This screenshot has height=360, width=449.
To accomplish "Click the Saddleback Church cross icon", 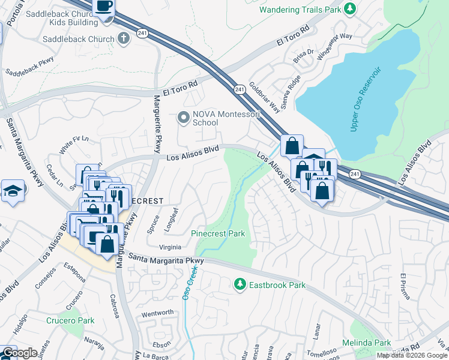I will pyautogui.click(x=124, y=40).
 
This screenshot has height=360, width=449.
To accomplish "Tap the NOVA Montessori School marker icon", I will pyautogui.click(x=184, y=117).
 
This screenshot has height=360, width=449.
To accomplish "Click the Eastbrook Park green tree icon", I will pyautogui.click(x=240, y=283).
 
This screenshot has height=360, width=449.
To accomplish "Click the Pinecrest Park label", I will pyautogui.click(x=217, y=233).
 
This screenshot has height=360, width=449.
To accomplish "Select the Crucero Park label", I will pyautogui.click(x=70, y=320).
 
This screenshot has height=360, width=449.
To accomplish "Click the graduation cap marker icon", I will pyautogui.click(x=13, y=191).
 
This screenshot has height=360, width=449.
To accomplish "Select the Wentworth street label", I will pyautogui.click(x=157, y=313).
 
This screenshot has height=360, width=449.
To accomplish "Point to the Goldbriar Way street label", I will pyautogui.click(x=265, y=97).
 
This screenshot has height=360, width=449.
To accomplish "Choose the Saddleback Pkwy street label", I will pyautogui.click(x=29, y=66).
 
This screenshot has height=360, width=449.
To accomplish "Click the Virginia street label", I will pyautogui.click(x=169, y=247).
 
